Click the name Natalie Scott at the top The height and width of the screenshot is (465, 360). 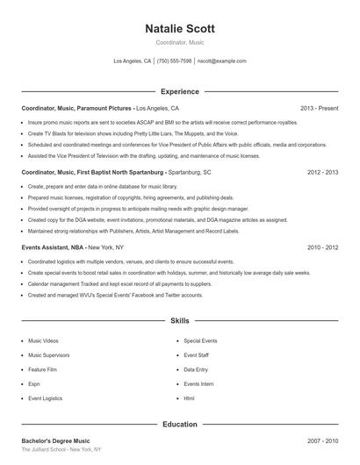tap(179, 28)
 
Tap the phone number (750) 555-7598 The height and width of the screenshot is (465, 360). tap(174, 61)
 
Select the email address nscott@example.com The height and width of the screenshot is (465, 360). tap(221, 61)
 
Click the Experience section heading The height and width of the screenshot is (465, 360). tap(179, 91)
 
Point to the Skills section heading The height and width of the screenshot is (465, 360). tap(179, 322)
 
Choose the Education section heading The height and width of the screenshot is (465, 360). tap(179, 425)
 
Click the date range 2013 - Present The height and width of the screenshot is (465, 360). tap(319, 108)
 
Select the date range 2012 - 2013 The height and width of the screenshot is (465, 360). tap(322, 173)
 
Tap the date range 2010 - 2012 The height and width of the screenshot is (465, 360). tap(322, 248)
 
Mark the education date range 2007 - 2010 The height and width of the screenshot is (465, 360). tap(322, 440)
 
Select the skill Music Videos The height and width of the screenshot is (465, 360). tap(43, 340)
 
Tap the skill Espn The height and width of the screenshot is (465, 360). tap(34, 383)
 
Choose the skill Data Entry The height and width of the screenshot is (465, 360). tap(196, 369)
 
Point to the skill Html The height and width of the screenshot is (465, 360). tap(189, 398)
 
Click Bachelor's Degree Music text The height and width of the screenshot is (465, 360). tap(55, 440)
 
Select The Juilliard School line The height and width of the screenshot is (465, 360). tap(61, 449)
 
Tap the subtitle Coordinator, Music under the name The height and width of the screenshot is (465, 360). tap(179, 42)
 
